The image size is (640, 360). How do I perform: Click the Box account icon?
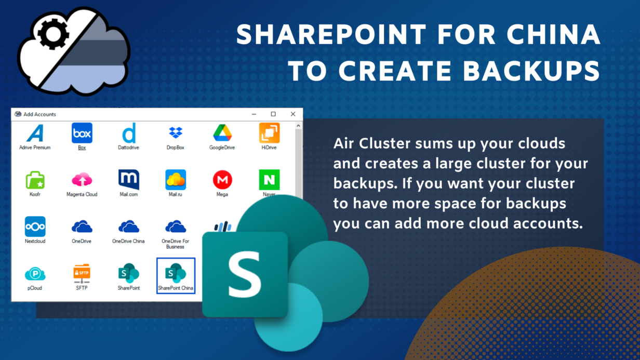point(82,133)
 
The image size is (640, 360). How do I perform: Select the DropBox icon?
point(176,132)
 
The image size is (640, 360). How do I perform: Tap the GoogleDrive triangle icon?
point(222,133)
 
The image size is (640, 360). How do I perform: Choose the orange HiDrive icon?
point(269,133)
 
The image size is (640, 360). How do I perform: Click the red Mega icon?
point(222,180)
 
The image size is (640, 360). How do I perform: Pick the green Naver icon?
point(269,180)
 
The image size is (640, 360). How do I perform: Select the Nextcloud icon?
point(35,226)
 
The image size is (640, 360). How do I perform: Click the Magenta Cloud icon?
point(82,180)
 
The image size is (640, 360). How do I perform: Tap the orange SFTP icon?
point(82,273)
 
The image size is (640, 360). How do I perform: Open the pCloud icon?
point(35,274)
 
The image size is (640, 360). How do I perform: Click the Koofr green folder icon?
point(35,180)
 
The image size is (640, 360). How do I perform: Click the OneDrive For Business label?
point(176,244)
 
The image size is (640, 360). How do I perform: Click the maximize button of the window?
point(273,114)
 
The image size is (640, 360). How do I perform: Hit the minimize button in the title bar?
point(254,114)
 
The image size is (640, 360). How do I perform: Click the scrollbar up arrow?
point(298,126)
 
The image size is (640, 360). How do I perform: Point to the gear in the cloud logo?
point(53,34)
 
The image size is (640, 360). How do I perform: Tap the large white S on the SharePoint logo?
point(245,274)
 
